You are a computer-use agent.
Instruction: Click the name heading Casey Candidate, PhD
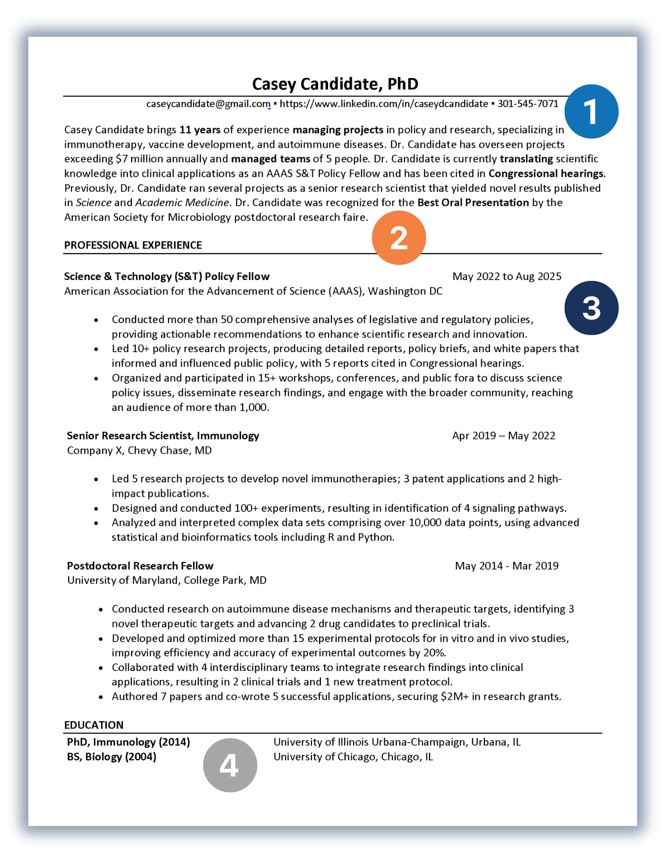pyautogui.click(x=335, y=84)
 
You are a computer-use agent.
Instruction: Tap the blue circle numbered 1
pyautogui.click(x=591, y=111)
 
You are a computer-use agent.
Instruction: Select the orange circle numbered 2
pyautogui.click(x=399, y=238)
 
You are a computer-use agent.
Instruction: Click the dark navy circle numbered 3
pyautogui.click(x=591, y=308)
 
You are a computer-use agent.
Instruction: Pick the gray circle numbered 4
pyautogui.click(x=230, y=765)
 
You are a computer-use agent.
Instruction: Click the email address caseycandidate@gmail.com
pyautogui.click(x=208, y=104)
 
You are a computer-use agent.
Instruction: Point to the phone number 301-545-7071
pyautogui.click(x=528, y=104)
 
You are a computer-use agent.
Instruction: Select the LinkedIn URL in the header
pyautogui.click(x=384, y=104)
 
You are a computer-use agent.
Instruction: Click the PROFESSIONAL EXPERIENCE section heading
pyautogui.click(x=133, y=245)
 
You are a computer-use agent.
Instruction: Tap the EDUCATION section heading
pyautogui.click(x=94, y=725)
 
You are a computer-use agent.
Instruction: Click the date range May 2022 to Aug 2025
pyautogui.click(x=507, y=277)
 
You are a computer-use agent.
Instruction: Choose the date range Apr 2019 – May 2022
pyautogui.click(x=503, y=436)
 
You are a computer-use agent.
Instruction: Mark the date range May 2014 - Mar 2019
pyautogui.click(x=507, y=566)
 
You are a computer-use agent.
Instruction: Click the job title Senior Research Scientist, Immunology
pyautogui.click(x=163, y=436)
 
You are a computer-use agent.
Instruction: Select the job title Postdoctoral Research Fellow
pyautogui.click(x=140, y=566)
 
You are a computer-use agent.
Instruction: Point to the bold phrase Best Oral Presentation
pyautogui.click(x=473, y=203)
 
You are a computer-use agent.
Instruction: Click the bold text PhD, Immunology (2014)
pyautogui.click(x=128, y=742)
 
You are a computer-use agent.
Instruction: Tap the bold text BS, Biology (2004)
pyautogui.click(x=112, y=757)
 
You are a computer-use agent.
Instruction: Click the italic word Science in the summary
pyautogui.click(x=94, y=203)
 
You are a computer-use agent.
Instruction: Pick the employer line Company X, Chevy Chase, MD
pyautogui.click(x=139, y=450)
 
